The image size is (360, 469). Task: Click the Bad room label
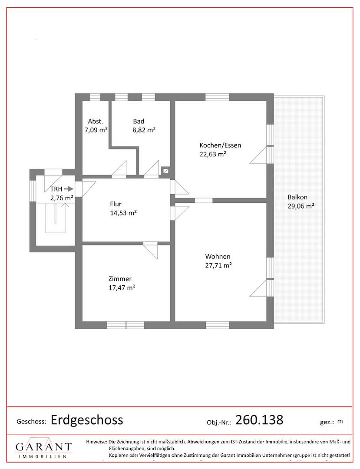tap(139, 121)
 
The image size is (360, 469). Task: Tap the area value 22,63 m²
tap(213, 154)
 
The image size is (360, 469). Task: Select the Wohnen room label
tap(218, 256)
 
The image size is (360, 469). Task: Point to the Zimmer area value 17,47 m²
tap(122, 288)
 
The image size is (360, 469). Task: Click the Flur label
tap(116, 204)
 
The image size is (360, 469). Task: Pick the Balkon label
tap(297, 197)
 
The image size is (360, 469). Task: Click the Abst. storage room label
tap(96, 121)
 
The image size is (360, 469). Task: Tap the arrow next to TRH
tap(69, 189)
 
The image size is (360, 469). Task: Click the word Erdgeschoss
tap(87, 420)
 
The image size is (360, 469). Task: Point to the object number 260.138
tap(259, 420)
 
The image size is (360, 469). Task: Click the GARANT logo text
tap(44, 446)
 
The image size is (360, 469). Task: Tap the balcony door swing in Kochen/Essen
tap(258, 155)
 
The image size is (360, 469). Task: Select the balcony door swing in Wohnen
tap(258, 288)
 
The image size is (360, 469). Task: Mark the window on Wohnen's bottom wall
tap(218, 325)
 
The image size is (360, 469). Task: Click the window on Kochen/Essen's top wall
tap(218, 97)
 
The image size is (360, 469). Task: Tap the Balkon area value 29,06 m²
tap(301, 206)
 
